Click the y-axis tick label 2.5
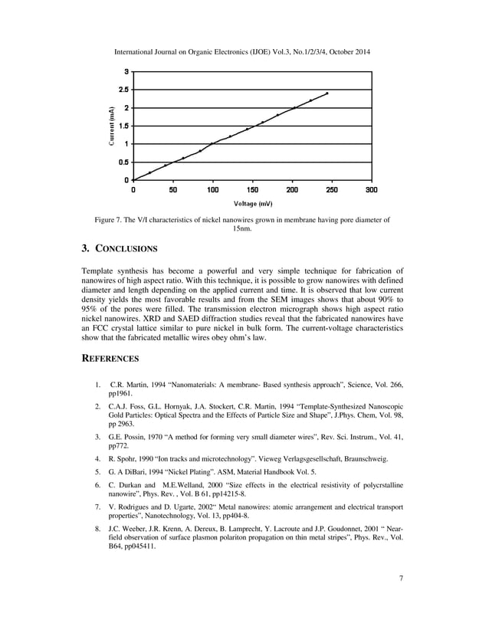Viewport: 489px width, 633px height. [x=123, y=89]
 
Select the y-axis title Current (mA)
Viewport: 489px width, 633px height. [x=112, y=126]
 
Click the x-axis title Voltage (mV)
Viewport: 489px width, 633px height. [x=252, y=204]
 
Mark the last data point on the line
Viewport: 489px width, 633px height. [x=327, y=93]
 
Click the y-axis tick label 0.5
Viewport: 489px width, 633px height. [x=123, y=162]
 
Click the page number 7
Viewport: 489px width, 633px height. [x=401, y=598]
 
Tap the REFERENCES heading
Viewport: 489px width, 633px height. [x=110, y=358]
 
